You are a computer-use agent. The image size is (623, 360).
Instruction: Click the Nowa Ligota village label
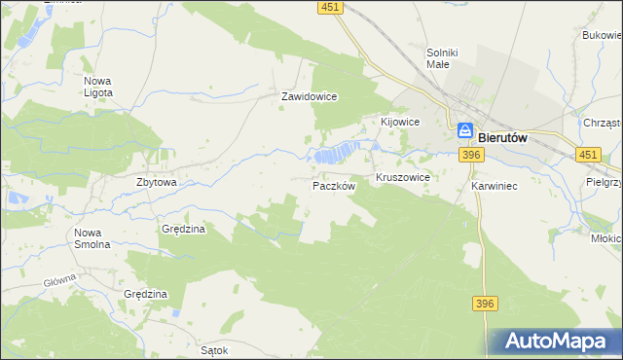(98, 87)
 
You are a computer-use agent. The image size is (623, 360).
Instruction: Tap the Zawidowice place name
(309, 97)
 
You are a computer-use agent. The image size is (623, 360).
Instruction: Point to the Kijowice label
(399, 122)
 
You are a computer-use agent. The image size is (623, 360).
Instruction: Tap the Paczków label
(334, 185)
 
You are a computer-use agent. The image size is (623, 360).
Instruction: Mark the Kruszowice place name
(403, 179)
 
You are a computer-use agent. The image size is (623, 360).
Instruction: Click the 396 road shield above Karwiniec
(472, 155)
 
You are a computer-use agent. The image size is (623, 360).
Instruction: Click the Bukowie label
(603, 35)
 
